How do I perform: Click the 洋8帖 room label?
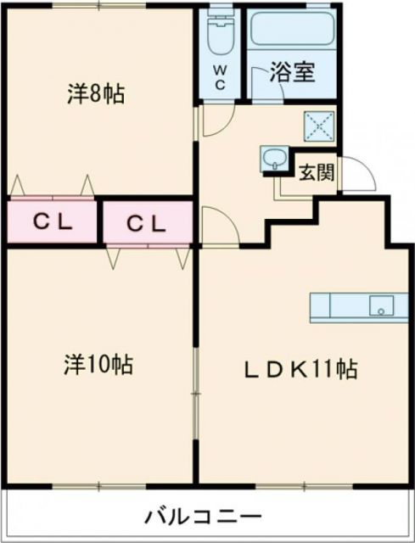[x=95, y=93]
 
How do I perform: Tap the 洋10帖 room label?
[x=98, y=365]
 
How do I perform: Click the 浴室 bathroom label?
[x=293, y=72]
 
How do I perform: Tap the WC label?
[x=219, y=77]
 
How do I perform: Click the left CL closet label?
[x=53, y=223]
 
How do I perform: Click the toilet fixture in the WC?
[x=220, y=34]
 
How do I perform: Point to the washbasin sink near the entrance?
[x=274, y=158]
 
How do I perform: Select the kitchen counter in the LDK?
[x=357, y=306]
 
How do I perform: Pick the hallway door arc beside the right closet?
[x=214, y=227]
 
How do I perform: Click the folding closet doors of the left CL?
[x=53, y=184]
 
